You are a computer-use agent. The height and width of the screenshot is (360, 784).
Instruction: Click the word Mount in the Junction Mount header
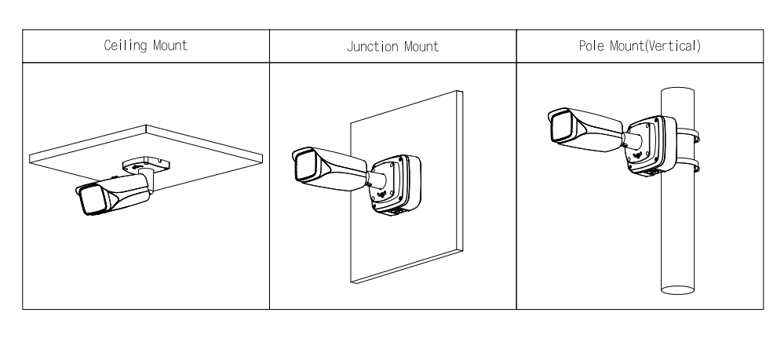click(x=419, y=45)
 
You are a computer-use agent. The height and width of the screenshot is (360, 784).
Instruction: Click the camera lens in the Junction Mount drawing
click(x=303, y=167)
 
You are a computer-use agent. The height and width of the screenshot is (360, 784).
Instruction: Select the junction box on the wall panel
click(x=395, y=182)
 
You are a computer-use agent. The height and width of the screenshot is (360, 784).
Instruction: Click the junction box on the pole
click(x=651, y=144)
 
